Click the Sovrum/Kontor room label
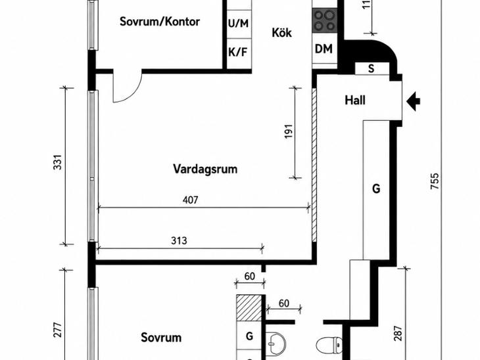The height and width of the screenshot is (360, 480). pyautogui.click(x=160, y=22)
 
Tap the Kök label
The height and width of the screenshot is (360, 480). pyautogui.click(x=281, y=32)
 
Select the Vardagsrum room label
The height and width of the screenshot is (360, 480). pyautogui.click(x=205, y=169)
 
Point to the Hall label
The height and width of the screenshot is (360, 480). pyautogui.click(x=355, y=101)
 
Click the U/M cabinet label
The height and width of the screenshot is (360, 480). pyautogui.click(x=238, y=23)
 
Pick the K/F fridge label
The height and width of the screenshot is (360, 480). pyautogui.click(x=237, y=53)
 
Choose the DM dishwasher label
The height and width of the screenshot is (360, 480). pyautogui.click(x=324, y=49)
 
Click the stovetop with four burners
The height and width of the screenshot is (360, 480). pyautogui.click(x=324, y=21)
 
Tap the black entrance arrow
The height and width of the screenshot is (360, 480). pyautogui.click(x=414, y=101)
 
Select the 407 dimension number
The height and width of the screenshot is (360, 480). pyautogui.click(x=191, y=200)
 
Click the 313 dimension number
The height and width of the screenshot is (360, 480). pyautogui.click(x=179, y=240)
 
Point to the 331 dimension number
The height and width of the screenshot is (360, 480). pyautogui.click(x=58, y=162)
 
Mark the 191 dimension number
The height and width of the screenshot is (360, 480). pyautogui.click(x=289, y=131)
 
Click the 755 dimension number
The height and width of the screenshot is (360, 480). pyautogui.click(x=435, y=181)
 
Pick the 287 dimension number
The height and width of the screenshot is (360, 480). pyautogui.click(x=397, y=334)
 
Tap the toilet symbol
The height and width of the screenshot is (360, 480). pyautogui.click(x=329, y=346)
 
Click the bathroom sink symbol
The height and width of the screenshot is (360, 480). pyautogui.click(x=276, y=344)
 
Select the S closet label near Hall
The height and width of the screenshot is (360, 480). pyautogui.click(x=372, y=68)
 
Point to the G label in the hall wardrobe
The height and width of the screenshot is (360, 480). pyautogui.click(x=376, y=189)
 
